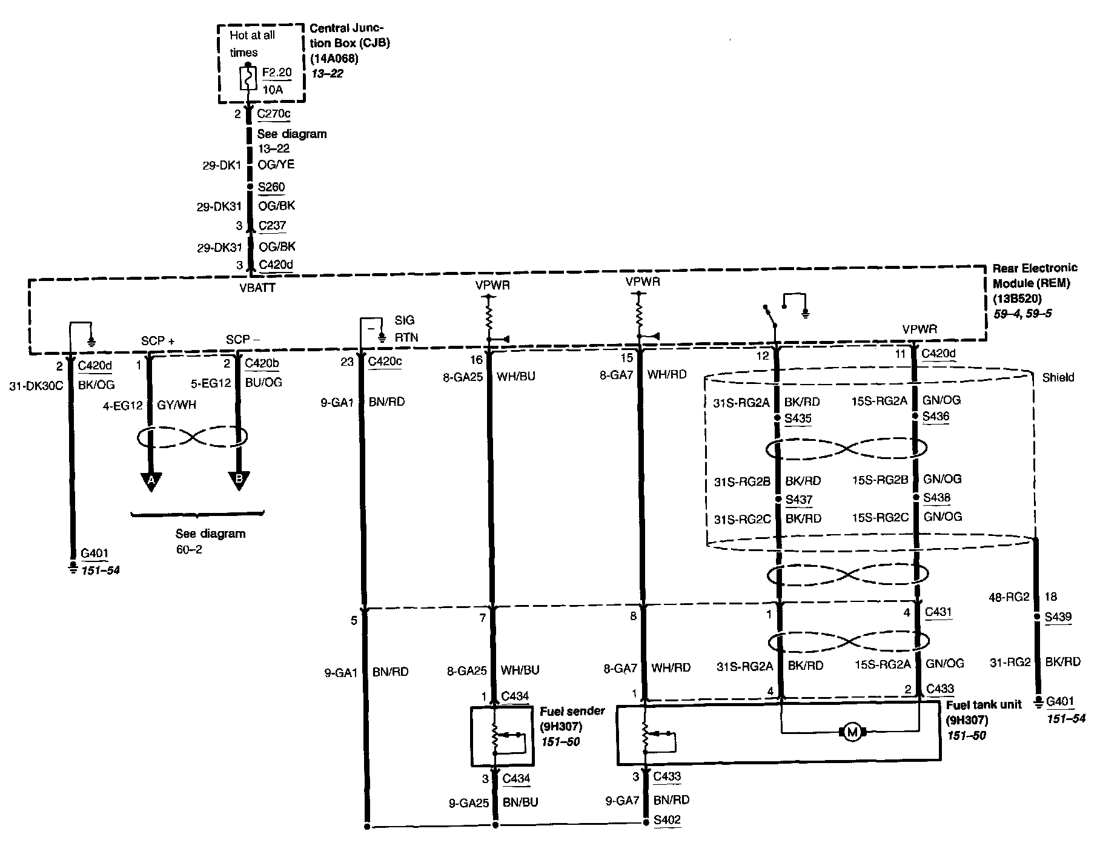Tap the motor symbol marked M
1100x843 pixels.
point(852,733)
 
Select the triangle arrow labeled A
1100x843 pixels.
point(150,480)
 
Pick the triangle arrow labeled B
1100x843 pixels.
point(239,480)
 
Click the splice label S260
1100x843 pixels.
point(271,187)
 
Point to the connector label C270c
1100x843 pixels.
point(273,113)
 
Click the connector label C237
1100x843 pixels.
point(272,225)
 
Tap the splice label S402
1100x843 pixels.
point(667,820)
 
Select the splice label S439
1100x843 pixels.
point(1058,617)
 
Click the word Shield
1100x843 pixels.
point(1058,377)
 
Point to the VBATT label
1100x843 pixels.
point(257,288)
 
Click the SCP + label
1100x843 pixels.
point(157,341)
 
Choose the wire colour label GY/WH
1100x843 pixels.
point(176,405)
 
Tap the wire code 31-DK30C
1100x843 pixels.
point(36,385)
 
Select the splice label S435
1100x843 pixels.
point(798,418)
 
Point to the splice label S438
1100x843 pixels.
point(936,498)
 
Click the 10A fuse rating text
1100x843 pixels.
point(273,90)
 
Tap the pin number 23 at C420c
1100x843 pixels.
point(346,362)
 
